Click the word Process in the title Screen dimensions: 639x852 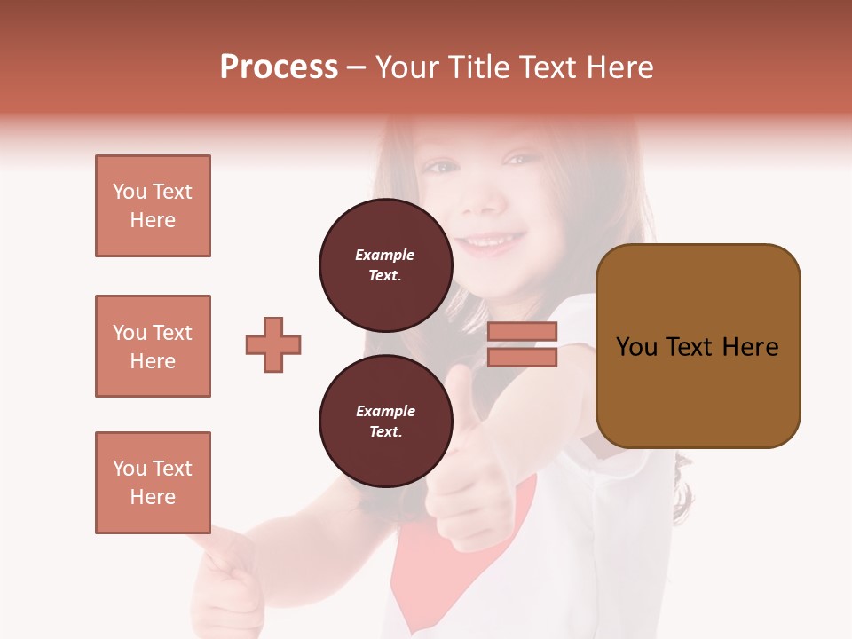click(279, 67)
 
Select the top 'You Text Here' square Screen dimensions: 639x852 click(153, 206)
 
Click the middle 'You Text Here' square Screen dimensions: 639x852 click(153, 346)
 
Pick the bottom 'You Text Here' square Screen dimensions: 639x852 click(153, 483)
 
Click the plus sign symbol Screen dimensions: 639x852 click(273, 344)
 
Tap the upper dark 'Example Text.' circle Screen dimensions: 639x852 click(385, 264)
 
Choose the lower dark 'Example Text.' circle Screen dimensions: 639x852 click(385, 421)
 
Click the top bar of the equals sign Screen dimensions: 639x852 click(522, 332)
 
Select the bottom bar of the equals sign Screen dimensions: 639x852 click(522, 357)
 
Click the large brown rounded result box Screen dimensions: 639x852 click(698, 346)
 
